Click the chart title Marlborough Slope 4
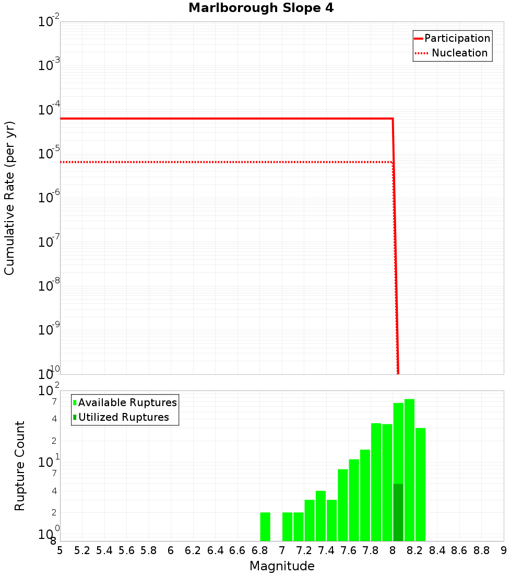tap(260, 8)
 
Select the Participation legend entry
tap(452, 38)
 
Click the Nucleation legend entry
tap(452, 53)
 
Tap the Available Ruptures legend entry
tap(125, 402)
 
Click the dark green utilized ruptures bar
tap(398, 512)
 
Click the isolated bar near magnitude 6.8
tap(265, 526)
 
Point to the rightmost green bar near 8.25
tap(421, 484)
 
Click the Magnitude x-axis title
tap(282, 566)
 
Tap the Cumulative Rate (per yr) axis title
tap(9, 198)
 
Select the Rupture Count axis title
tap(20, 466)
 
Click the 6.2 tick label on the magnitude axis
tap(193, 550)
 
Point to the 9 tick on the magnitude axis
tap(504, 550)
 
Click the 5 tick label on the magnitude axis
tap(60, 550)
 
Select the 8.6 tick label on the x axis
tap(459, 550)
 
